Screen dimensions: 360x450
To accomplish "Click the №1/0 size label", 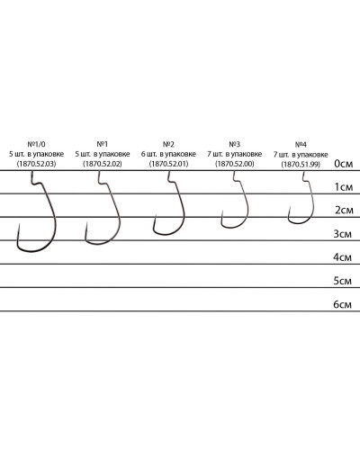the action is [36, 144].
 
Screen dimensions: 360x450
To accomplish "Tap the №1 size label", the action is [103, 144].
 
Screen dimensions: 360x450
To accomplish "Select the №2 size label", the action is [168, 145].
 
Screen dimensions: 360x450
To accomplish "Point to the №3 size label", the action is [235, 145].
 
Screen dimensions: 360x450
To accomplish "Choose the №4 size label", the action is [301, 145].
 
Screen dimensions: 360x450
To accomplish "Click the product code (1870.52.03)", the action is [36, 164].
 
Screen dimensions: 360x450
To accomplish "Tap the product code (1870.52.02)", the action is [103, 164].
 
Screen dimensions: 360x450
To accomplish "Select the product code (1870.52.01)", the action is [168, 164].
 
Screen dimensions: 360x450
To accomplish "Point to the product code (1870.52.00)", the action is [235, 164].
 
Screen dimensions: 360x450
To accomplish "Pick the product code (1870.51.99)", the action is [301, 165].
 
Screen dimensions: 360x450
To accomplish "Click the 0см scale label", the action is [343, 164].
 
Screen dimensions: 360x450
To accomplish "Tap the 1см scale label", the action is [344, 187].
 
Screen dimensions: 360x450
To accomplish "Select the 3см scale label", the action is [342, 234].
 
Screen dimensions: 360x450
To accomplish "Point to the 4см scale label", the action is [342, 257].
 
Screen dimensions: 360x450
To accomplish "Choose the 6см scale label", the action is [342, 305].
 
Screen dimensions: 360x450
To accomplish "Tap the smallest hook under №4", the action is [313, 204].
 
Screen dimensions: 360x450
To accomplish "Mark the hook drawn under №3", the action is [248, 207].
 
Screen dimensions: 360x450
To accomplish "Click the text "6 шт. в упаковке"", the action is [168, 154].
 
